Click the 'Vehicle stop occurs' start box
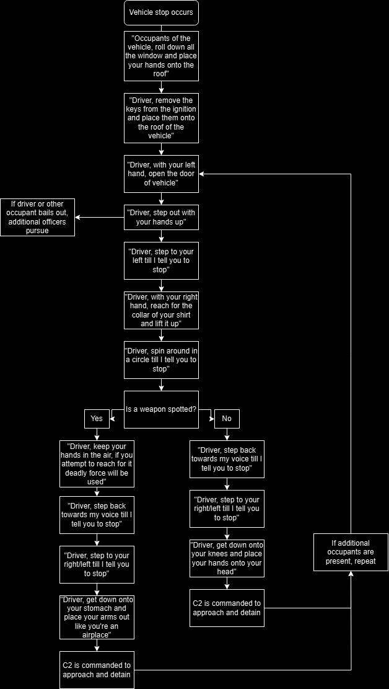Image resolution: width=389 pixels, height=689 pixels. coord(161,12)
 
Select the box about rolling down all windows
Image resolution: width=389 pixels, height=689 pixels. coord(161,56)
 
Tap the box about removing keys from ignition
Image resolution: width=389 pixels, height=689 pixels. coord(161,118)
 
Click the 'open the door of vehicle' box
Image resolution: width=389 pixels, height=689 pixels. coord(161,174)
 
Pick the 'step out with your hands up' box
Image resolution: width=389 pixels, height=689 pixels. coord(161,217)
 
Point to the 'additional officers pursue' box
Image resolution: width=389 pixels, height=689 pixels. coord(37,217)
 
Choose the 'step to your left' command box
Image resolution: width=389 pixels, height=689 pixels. coord(161,260)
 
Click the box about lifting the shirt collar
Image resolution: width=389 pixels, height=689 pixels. coord(161,310)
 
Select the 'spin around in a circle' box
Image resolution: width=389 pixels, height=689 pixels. coord(161,360)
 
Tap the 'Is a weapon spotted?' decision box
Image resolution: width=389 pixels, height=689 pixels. coord(161,409)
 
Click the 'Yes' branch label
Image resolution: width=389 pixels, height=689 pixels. coord(97,419)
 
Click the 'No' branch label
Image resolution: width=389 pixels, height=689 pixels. coord(227,419)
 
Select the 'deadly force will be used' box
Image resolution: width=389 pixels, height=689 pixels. coord(97,464)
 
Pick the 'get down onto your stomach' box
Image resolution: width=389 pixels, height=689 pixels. coord(97,617)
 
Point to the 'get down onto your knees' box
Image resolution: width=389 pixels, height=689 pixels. coord(227,558)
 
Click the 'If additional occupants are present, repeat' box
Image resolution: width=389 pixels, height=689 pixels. coord(351,552)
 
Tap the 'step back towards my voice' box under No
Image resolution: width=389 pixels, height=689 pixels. coord(227,459)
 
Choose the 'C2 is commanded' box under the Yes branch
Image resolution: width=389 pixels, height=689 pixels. coord(97,670)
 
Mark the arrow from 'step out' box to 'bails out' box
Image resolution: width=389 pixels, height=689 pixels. coord(99,217)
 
